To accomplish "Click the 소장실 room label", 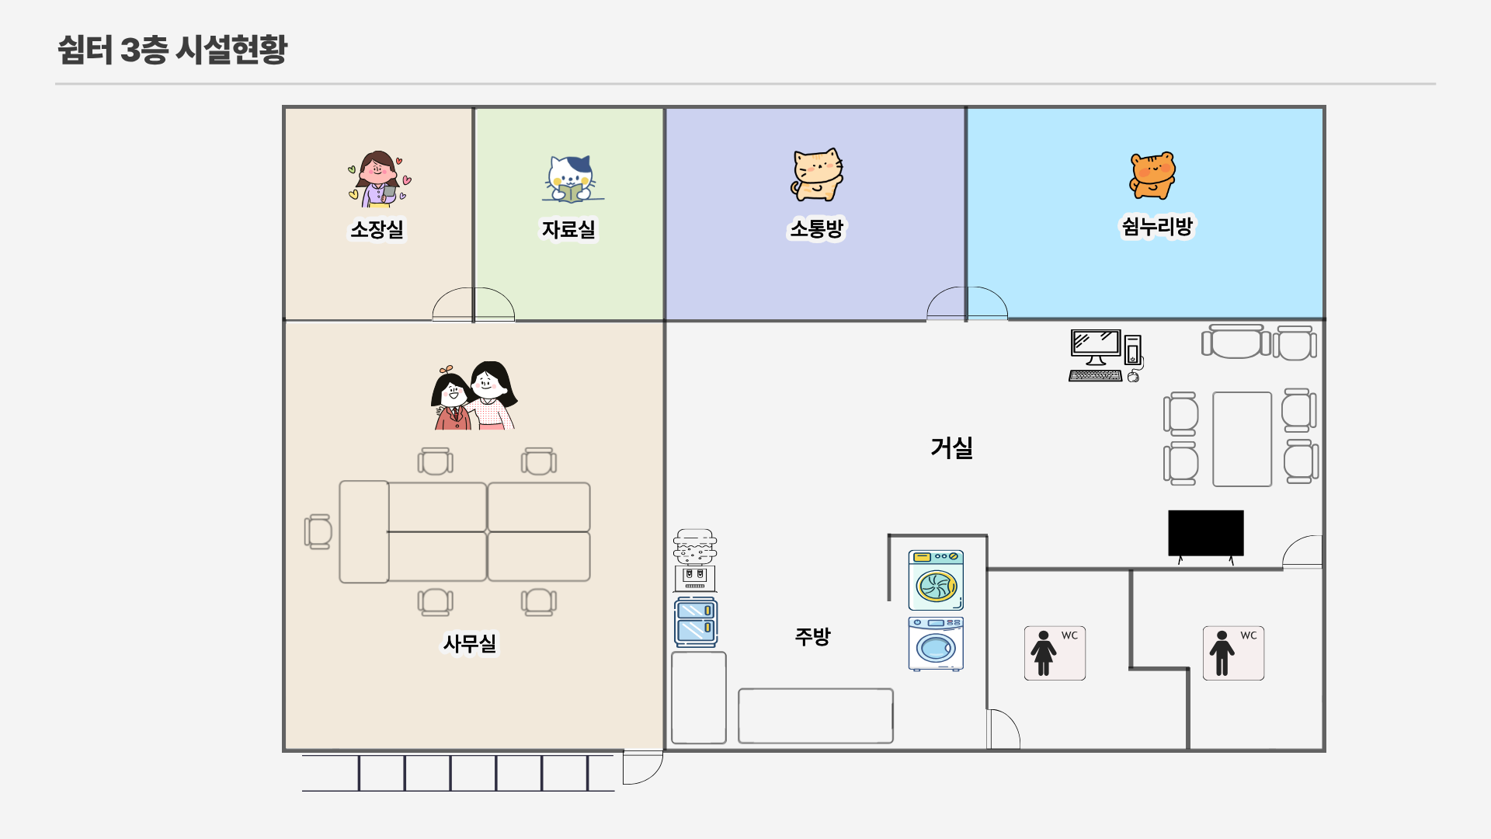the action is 377,229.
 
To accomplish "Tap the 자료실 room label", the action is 568,229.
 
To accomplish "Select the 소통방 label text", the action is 816,228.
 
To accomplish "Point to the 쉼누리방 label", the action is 1157,226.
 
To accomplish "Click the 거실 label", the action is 951,447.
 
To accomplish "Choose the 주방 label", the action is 812,637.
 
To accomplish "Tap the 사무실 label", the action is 470,643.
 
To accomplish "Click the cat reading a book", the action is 572,179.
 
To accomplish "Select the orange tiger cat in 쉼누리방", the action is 1152,176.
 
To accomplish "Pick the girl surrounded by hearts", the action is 379,179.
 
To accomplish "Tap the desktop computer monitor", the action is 1095,346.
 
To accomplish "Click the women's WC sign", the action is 1055,653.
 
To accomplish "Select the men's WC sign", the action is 1233,653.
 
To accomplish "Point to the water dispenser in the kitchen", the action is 695,560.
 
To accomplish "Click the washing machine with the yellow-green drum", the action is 936,580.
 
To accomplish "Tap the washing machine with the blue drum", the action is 936,644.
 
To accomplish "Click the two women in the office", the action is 474,395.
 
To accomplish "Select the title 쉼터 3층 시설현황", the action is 172,49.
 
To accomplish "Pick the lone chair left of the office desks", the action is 318,531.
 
